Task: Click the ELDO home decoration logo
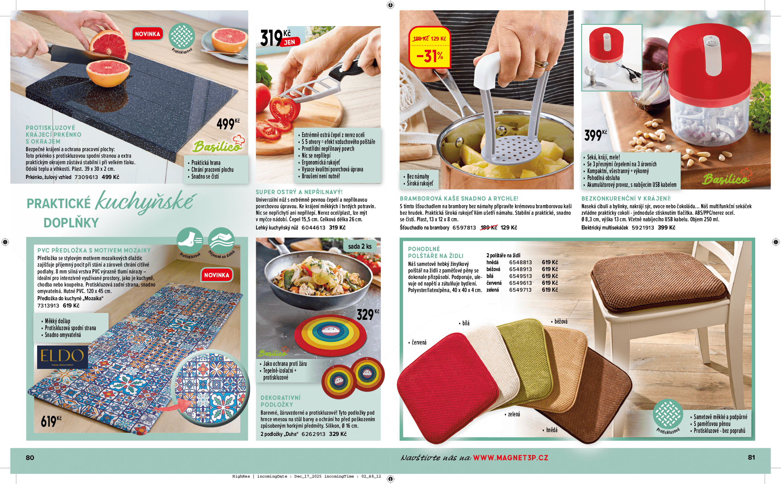[x=62, y=357]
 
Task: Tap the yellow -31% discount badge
[x=430, y=47]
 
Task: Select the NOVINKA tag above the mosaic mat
[x=217, y=275]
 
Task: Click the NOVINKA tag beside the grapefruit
[x=148, y=34]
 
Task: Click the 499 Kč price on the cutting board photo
[x=228, y=124]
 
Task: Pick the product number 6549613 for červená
[x=520, y=283]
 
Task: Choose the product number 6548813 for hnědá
[x=520, y=262]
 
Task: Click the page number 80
[x=30, y=458]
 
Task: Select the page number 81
[x=751, y=458]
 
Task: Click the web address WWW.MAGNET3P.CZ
[x=511, y=458]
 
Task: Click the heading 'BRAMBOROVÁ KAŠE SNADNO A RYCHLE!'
[x=459, y=199]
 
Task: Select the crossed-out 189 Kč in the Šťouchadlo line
[x=489, y=228]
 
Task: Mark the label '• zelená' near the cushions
[x=512, y=414]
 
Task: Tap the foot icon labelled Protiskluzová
[x=190, y=240]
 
